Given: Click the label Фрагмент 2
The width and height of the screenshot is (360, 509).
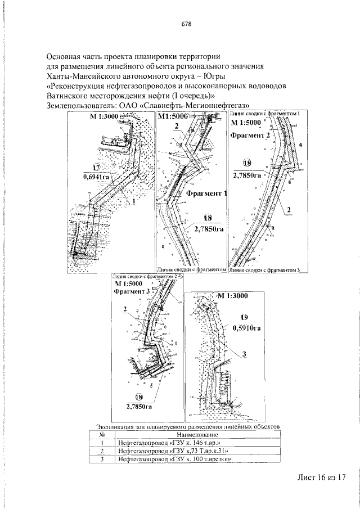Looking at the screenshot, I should (x=250, y=136).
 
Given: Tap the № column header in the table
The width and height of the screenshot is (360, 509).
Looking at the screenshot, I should (x=103, y=435).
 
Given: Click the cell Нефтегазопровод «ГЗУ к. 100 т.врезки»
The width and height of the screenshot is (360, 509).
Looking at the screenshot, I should (x=175, y=460).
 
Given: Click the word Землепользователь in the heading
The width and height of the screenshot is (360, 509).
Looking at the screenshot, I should (x=80, y=106).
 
